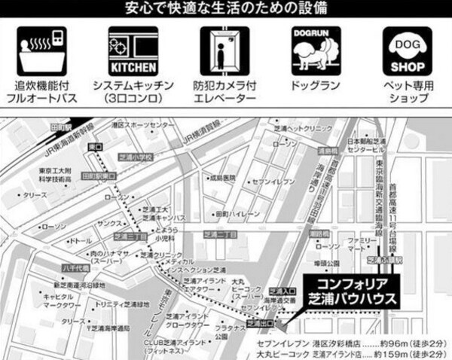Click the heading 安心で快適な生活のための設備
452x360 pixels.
225,9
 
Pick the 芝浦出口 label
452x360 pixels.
261,324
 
